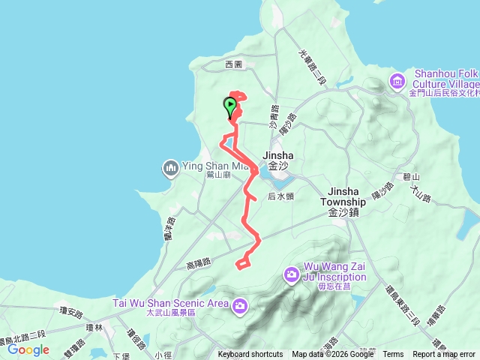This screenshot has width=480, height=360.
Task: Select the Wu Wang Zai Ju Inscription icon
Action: pyautogui.click(x=291, y=277)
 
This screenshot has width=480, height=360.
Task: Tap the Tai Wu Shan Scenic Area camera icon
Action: pyautogui.click(x=240, y=304)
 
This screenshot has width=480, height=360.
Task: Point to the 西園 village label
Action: pyautogui.click(x=234, y=65)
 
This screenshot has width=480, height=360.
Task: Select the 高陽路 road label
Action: pyautogui.click(x=199, y=263)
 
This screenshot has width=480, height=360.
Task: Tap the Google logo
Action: pyautogui.click(x=28, y=349)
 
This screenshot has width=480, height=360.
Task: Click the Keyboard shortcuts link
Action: pyautogui.click(x=250, y=355)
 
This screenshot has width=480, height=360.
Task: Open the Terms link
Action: pyautogui.click(x=393, y=355)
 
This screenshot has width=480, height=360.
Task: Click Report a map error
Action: pyautogui.click(x=444, y=355)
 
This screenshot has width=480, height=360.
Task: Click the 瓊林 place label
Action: pyautogui.click(x=94, y=328)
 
